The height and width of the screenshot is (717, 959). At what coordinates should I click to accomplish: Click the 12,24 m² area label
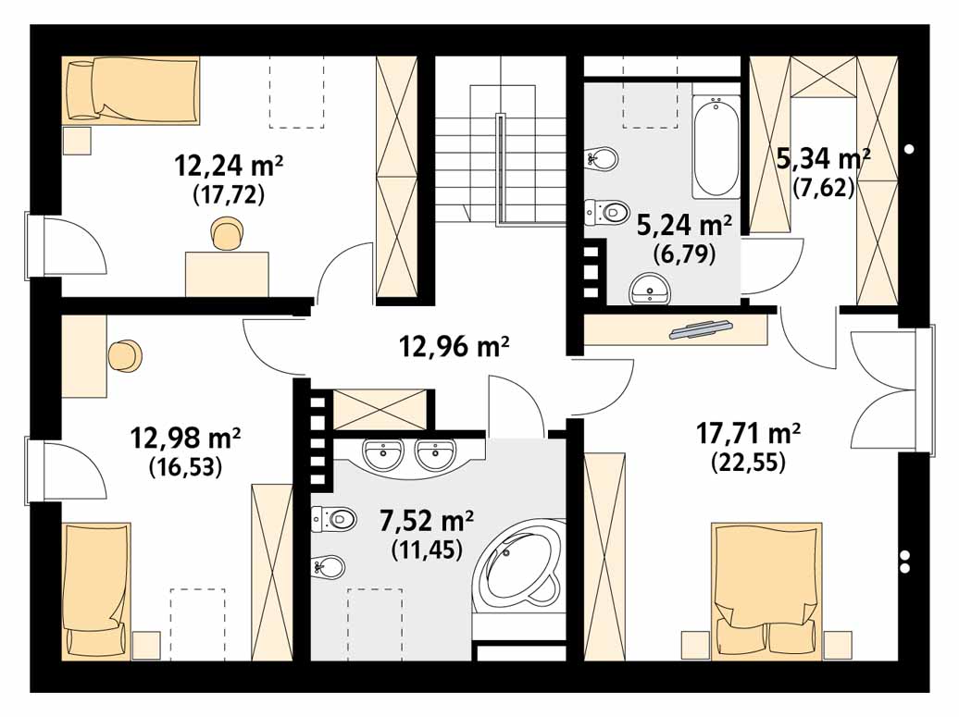click(229, 165)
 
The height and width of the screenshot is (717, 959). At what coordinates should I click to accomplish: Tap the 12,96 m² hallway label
click(454, 346)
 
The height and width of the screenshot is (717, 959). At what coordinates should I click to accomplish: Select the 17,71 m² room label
click(748, 433)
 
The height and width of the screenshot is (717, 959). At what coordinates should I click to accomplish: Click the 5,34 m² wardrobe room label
click(823, 158)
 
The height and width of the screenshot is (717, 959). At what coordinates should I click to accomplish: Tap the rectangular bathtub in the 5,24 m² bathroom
click(716, 147)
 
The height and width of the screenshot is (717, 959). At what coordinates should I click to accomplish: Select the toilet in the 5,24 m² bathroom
click(606, 213)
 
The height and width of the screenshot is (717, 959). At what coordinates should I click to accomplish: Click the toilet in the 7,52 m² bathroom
click(333, 519)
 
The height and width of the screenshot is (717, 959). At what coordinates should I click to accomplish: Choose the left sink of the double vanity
click(383, 454)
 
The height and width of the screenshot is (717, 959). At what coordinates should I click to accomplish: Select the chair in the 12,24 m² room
click(226, 233)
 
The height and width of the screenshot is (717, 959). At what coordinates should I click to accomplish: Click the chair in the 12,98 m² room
click(125, 356)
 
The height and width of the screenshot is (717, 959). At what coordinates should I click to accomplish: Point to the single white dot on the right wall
click(909, 149)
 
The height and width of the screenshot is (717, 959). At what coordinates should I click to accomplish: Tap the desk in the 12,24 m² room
click(227, 274)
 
